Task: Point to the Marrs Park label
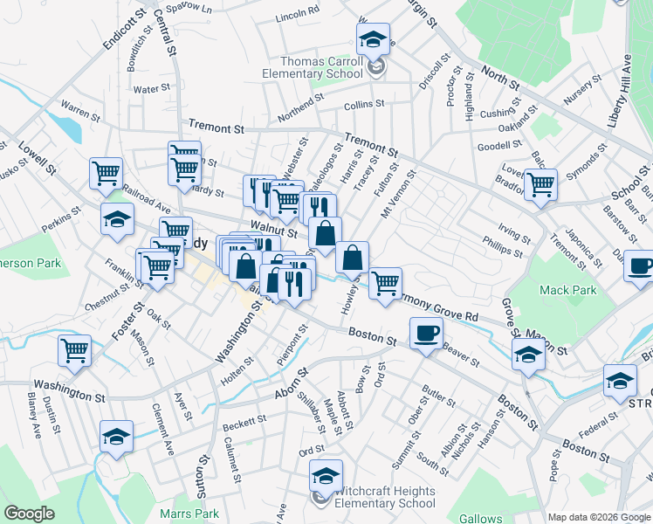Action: tap(189, 514)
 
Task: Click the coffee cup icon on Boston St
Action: tap(426, 333)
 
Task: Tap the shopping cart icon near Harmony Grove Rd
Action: tap(385, 283)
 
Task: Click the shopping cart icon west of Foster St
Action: tap(74, 350)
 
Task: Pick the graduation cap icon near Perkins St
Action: tap(116, 220)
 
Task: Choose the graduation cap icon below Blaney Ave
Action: tap(116, 436)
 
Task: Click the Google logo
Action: tap(29, 514)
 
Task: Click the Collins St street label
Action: tap(364, 104)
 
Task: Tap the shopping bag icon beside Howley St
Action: tap(352, 258)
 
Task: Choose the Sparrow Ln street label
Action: tap(195, 8)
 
